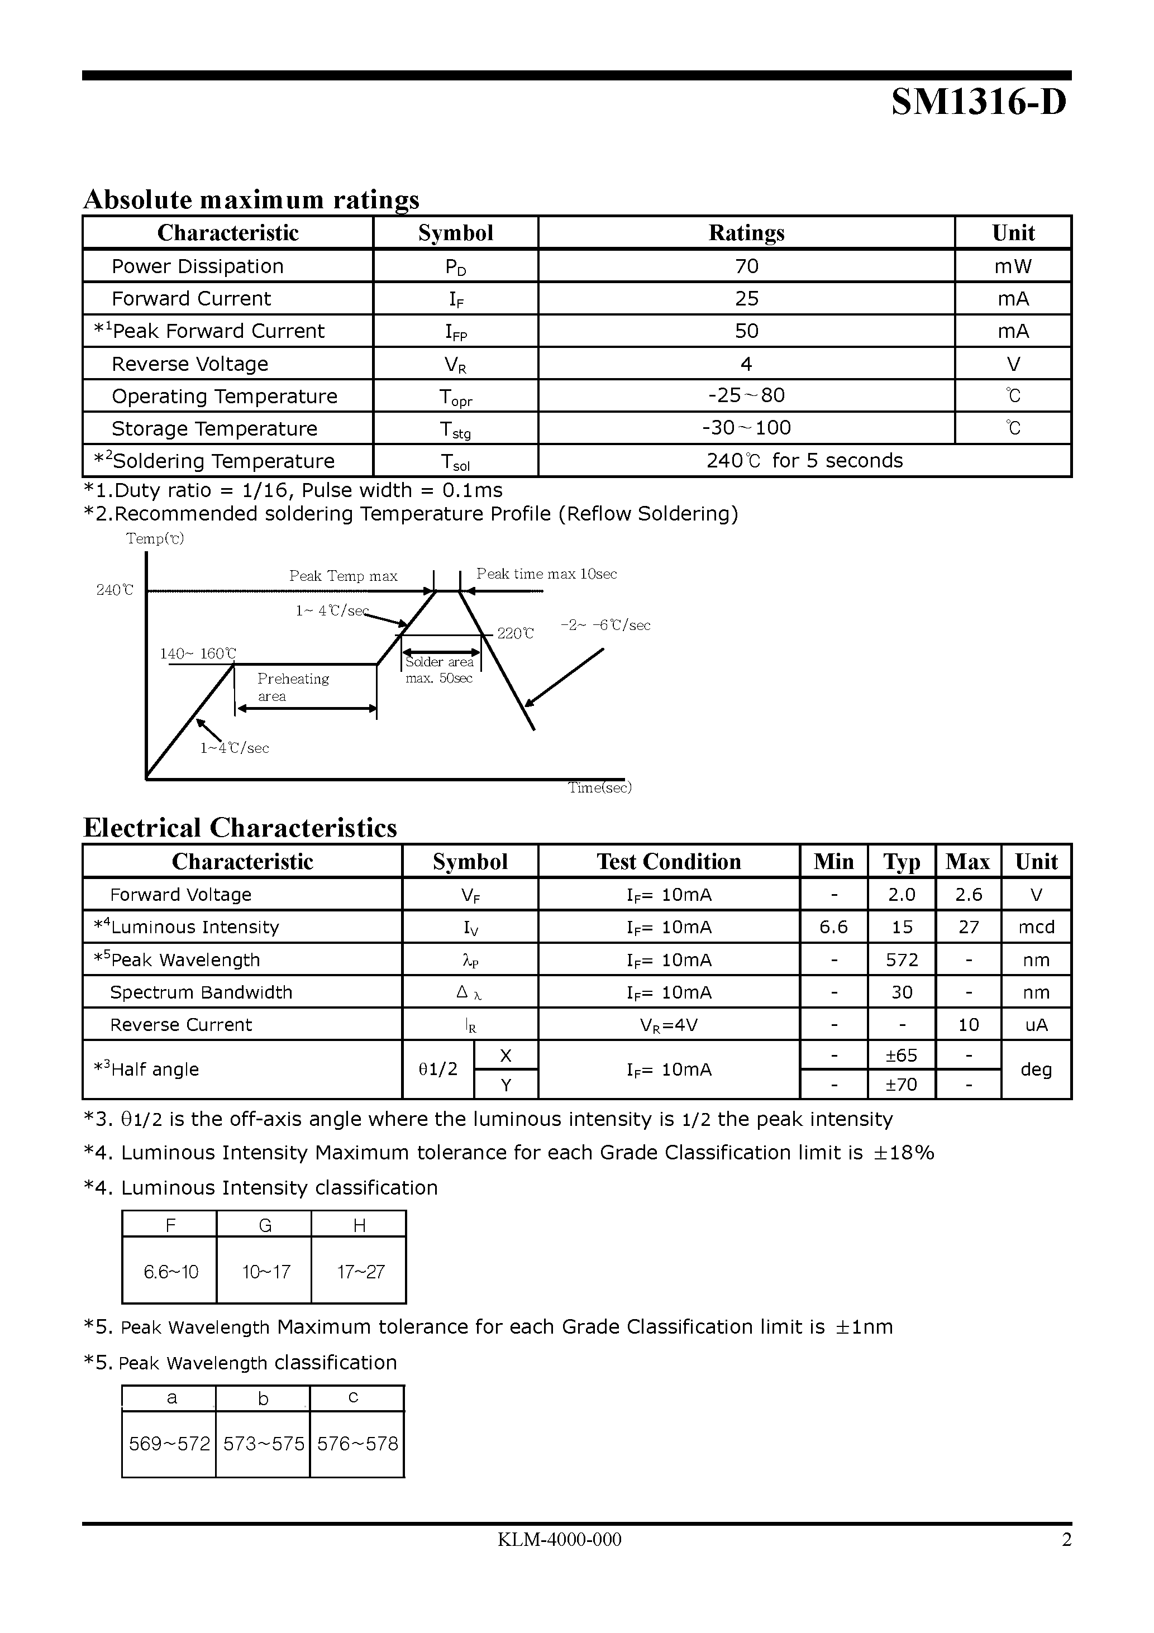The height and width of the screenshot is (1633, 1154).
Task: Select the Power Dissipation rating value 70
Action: click(x=746, y=266)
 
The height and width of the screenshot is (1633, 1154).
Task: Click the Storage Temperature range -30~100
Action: click(x=746, y=427)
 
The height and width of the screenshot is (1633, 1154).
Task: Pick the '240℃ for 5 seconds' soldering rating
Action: click(x=804, y=461)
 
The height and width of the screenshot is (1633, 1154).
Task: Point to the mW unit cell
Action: click(x=1013, y=266)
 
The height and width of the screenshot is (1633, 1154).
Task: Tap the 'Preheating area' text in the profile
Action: click(x=293, y=687)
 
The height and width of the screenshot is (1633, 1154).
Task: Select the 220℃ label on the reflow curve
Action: click(x=514, y=633)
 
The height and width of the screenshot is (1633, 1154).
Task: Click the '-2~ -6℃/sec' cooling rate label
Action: click(x=605, y=625)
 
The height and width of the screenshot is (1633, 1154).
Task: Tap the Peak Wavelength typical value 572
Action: click(x=902, y=960)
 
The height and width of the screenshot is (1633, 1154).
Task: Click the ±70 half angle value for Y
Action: click(x=901, y=1085)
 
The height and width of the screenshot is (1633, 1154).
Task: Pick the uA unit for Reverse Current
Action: click(x=1036, y=1025)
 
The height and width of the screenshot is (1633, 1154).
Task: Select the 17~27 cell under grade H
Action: click(x=360, y=1272)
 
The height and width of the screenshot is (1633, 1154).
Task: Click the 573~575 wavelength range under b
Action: click(x=263, y=1444)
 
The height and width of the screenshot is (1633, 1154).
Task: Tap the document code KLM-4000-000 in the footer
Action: click(x=559, y=1540)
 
